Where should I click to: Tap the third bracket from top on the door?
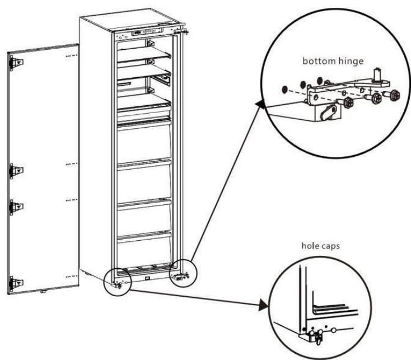click(17, 207)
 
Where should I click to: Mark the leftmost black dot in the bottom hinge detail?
click(284, 88)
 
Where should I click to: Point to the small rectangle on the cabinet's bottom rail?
click(147, 275)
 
